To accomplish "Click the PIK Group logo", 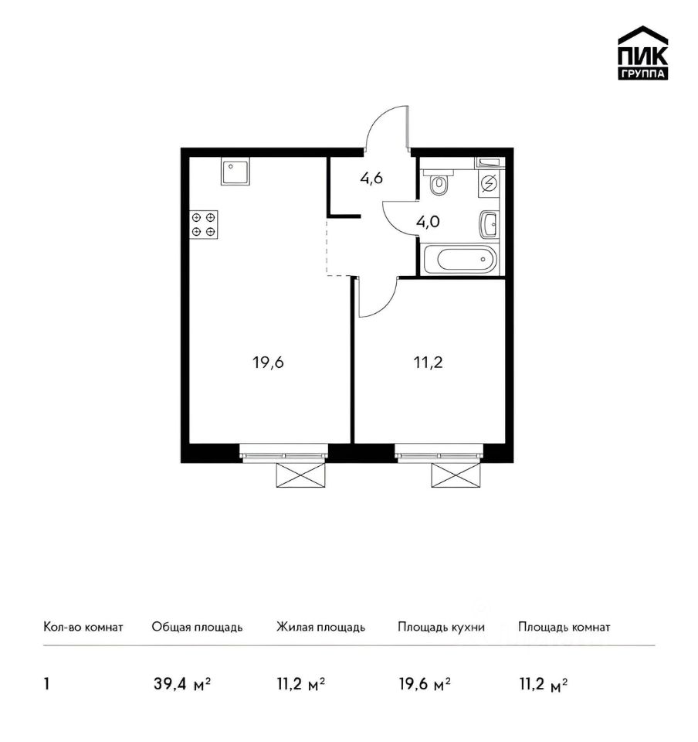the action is pyautogui.click(x=642, y=53).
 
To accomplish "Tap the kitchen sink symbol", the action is pyautogui.click(x=235, y=172).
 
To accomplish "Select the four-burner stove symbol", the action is pyautogui.click(x=204, y=224).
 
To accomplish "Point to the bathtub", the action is pyautogui.click(x=461, y=259).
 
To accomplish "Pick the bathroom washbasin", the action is pyautogui.click(x=489, y=224).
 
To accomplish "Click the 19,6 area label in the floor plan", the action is pyautogui.click(x=268, y=363).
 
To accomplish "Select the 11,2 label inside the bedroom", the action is pyautogui.click(x=429, y=363).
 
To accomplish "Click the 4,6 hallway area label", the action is pyautogui.click(x=371, y=179).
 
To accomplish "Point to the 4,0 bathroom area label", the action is pyautogui.click(x=429, y=222).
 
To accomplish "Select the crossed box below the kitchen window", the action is pyautogui.click(x=301, y=475).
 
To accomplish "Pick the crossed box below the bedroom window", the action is pyautogui.click(x=456, y=475).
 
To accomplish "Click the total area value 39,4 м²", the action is pyautogui.click(x=182, y=684).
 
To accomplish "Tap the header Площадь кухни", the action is pyautogui.click(x=441, y=628).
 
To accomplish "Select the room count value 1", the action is pyautogui.click(x=46, y=684).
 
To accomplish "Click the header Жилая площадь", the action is pyautogui.click(x=320, y=628).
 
